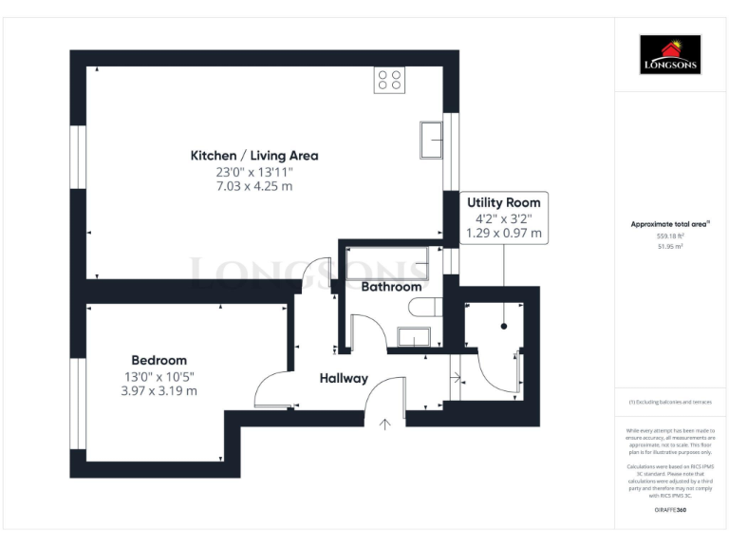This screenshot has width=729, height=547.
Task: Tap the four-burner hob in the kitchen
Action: [x=389, y=79]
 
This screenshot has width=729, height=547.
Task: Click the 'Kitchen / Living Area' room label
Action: [x=254, y=155]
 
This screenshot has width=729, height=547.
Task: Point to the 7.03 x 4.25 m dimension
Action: [x=254, y=186]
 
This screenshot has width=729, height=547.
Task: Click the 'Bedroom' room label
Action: [x=159, y=360]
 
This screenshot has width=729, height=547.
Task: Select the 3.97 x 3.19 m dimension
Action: [x=159, y=390]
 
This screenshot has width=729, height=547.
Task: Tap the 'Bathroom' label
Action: [x=391, y=286]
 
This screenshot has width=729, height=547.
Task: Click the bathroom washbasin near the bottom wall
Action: [x=414, y=336]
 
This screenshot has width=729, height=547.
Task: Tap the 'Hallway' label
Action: [x=343, y=378]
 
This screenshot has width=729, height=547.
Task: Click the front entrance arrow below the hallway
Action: [x=385, y=424]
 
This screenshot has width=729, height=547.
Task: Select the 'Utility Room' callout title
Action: [x=503, y=202]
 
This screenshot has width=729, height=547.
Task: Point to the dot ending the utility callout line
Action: [x=503, y=326]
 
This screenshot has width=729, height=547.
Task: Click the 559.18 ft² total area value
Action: [x=669, y=236]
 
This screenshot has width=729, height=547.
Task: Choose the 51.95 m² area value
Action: [x=669, y=246]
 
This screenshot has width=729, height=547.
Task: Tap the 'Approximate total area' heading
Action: [x=669, y=224]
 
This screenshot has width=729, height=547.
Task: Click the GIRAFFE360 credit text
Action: [x=669, y=511]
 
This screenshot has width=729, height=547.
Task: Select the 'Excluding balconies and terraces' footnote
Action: [x=669, y=403]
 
